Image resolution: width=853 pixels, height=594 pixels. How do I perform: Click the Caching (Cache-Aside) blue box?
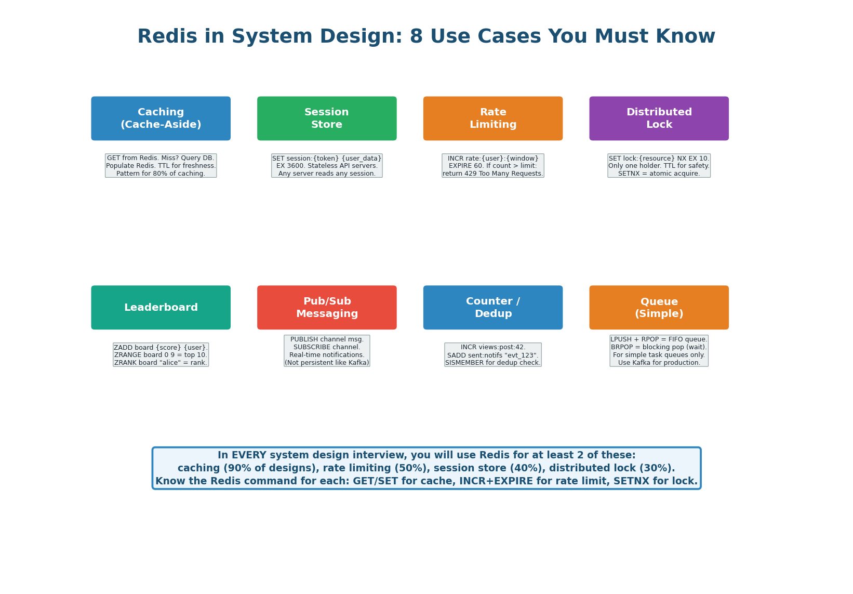tap(161, 118)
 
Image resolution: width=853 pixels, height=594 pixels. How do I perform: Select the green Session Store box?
tap(327, 118)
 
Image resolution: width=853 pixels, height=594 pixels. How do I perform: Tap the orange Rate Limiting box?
tap(492, 118)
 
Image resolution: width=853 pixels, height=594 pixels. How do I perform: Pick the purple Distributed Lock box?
tap(659, 118)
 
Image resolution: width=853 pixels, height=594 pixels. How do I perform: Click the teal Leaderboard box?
tap(161, 308)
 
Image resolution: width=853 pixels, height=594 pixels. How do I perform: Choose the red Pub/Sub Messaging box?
tap(327, 308)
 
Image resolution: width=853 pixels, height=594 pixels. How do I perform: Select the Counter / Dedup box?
tap(492, 308)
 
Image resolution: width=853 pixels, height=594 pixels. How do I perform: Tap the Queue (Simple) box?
tap(659, 308)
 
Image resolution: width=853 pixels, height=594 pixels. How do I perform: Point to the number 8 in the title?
tap(416, 37)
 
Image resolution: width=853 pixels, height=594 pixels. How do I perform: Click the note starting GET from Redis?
tap(161, 165)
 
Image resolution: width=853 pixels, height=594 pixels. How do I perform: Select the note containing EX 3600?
tap(327, 166)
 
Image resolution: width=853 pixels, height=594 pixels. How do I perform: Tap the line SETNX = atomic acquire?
tap(659, 174)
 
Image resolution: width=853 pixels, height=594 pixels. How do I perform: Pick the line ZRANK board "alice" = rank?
tap(161, 363)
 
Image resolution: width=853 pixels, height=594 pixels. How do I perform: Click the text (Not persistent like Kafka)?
tap(327, 363)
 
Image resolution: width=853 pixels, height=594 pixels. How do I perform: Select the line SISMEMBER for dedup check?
tap(492, 363)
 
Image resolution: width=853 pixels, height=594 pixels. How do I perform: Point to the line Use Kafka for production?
tap(659, 363)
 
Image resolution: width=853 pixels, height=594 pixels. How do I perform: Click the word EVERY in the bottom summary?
tap(252, 455)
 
